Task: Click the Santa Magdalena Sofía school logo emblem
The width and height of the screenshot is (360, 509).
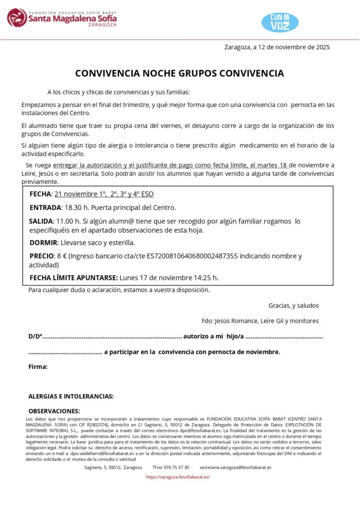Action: [17, 18]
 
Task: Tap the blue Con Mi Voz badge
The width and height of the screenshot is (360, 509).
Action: [280, 22]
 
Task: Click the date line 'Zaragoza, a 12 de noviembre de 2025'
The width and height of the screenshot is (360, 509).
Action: [277, 48]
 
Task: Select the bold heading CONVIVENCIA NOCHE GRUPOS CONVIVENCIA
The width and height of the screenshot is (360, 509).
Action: [180, 74]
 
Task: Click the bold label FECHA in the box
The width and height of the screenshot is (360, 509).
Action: [40, 194]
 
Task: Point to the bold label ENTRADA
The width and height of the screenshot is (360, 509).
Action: [45, 207]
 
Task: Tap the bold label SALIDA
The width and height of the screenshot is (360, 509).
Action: [41, 221]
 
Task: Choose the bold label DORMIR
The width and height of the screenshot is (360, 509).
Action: [43, 243]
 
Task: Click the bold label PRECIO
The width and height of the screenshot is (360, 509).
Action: [41, 256]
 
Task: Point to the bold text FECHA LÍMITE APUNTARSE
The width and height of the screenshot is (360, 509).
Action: [74, 277]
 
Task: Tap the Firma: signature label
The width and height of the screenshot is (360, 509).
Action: [38, 367]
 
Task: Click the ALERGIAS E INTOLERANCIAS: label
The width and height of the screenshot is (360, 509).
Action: [71, 397]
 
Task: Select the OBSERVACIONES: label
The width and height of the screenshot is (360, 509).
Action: [54, 411]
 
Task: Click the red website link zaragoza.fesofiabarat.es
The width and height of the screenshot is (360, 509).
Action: [178, 477]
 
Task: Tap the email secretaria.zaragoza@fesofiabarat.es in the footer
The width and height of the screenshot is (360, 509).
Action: [236, 467]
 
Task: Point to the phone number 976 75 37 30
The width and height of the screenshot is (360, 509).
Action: [171, 467]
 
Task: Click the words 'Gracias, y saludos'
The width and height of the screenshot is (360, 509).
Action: [293, 306]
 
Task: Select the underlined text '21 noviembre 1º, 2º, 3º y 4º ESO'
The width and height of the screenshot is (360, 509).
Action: [100, 194]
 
